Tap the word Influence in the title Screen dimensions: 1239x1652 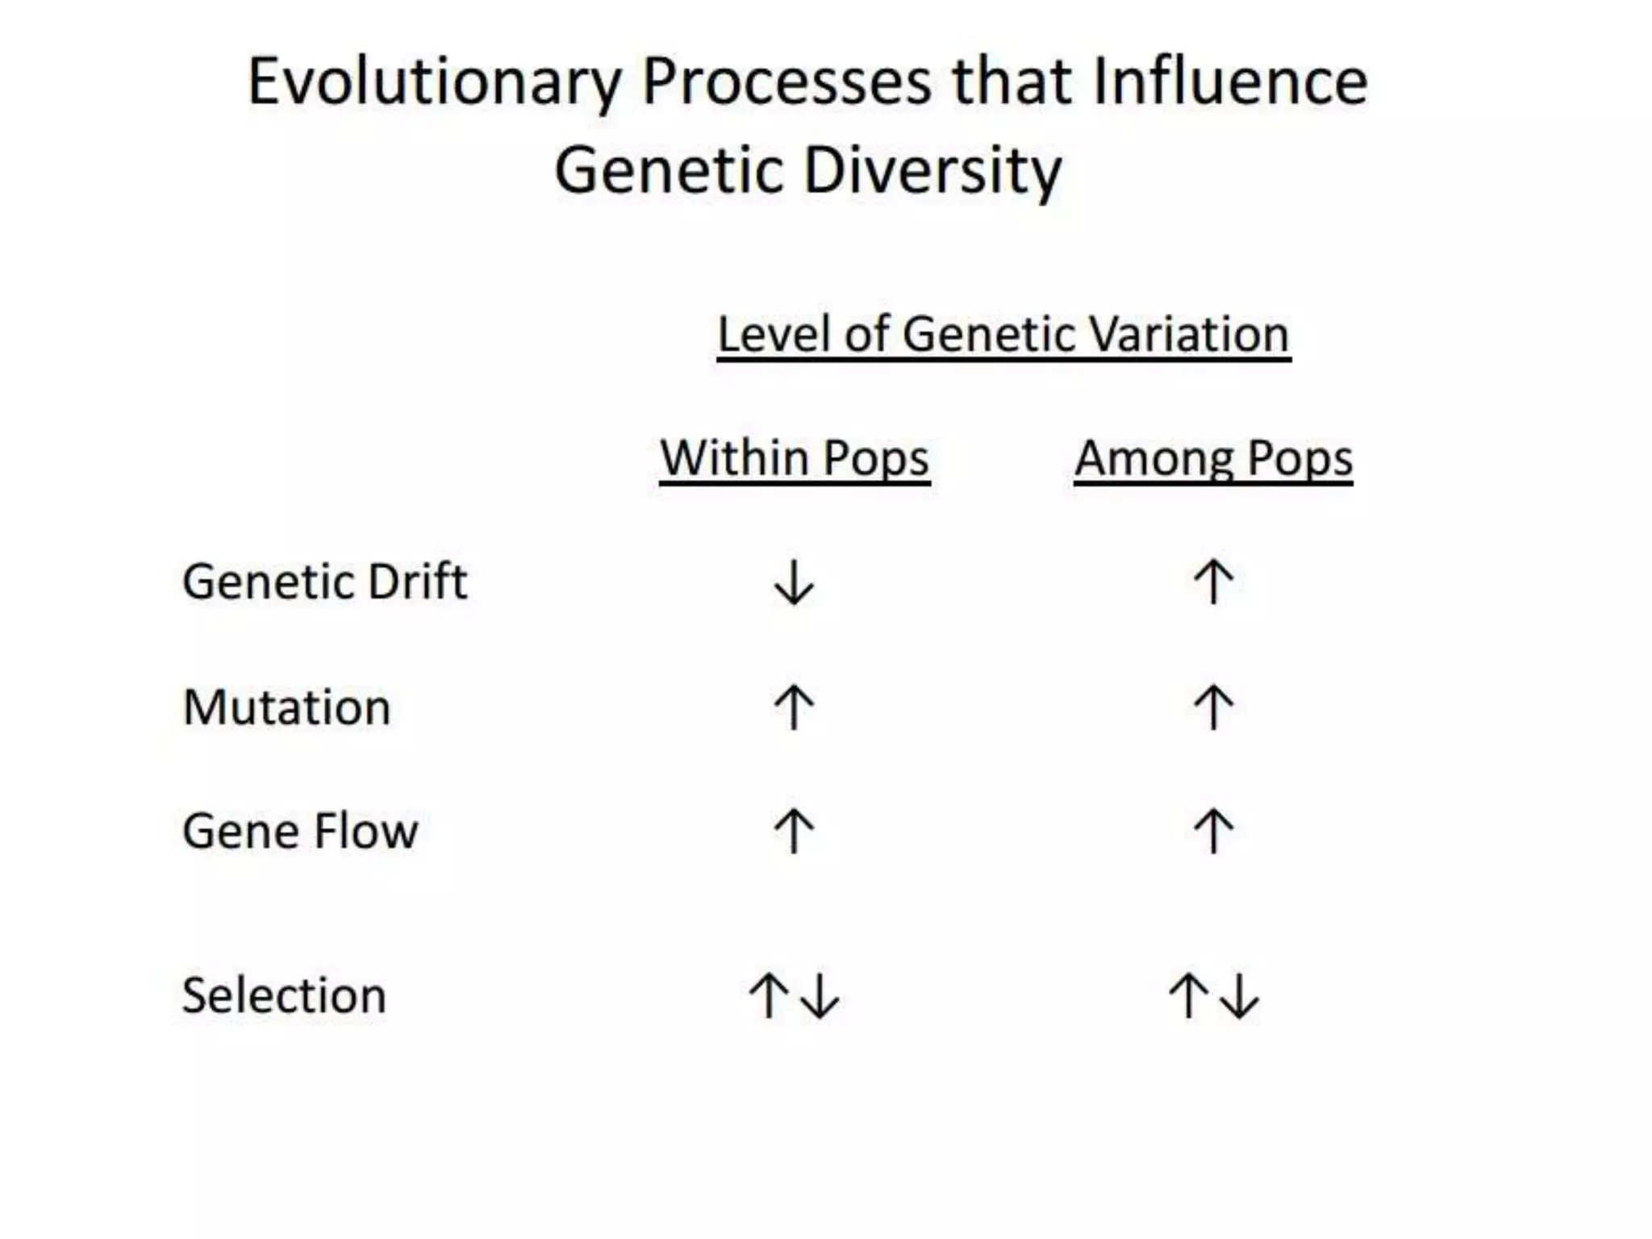pos(1229,82)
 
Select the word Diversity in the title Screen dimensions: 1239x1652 pos(932,170)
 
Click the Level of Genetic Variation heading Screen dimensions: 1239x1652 pos(1003,334)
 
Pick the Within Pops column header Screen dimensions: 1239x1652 pos(795,458)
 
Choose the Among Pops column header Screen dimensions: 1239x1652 pos(1213,458)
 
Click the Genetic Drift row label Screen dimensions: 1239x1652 pos(324,582)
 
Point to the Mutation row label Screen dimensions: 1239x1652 pos(286,707)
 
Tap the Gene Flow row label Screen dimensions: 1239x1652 pos(300,831)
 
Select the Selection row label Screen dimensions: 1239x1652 pos(284,995)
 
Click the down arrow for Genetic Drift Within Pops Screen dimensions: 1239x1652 pos(794,582)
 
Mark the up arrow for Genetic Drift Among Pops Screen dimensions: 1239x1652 pos(1213,582)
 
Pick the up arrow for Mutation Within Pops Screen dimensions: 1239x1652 pos(794,707)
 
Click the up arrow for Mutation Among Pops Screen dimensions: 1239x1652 pos(1213,707)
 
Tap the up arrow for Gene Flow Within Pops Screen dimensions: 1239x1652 pos(794,831)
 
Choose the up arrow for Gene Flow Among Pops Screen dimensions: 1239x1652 pos(1213,831)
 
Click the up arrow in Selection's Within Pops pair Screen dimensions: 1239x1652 pos(768,995)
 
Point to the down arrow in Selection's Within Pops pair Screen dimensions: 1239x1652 pos(820,996)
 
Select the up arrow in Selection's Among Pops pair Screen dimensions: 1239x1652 pos(1187,995)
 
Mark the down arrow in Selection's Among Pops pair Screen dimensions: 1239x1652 pos(1239,996)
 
